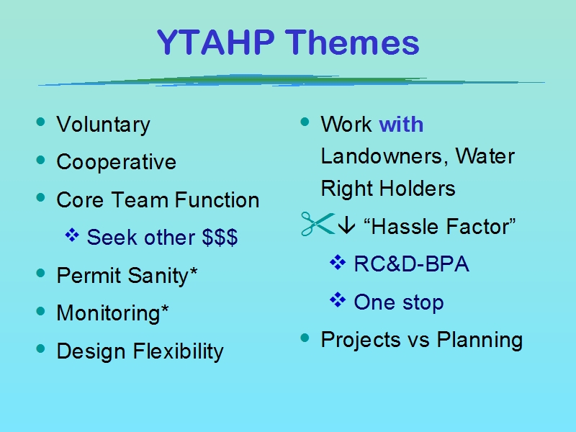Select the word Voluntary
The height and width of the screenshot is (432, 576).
[103, 125]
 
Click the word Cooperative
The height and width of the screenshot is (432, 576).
[117, 162]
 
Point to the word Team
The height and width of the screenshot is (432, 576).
[140, 200]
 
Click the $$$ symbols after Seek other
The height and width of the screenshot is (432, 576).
[220, 237]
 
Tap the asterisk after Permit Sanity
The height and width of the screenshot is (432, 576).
[193, 272]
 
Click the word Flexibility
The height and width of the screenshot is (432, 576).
[178, 351]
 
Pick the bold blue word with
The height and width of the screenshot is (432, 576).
[401, 124]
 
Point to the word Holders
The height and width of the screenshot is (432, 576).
[417, 189]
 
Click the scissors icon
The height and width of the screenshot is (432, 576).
[318, 224]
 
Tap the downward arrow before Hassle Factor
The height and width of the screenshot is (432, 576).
[346, 225]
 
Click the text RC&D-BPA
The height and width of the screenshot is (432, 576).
[411, 264]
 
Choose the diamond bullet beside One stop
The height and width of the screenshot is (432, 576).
[338, 300]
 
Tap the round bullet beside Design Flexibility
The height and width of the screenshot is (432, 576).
[41, 348]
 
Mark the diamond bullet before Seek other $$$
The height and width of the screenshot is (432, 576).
[72, 235]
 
